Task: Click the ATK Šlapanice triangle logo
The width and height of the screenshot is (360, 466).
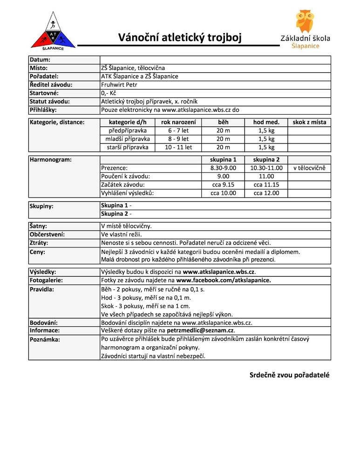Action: tap(53, 32)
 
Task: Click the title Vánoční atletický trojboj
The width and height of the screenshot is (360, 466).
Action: tap(179, 37)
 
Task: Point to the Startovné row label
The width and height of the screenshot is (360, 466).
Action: tap(44, 93)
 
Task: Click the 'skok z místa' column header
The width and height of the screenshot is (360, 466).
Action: tap(309, 122)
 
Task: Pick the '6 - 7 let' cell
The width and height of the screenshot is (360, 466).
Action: tap(178, 130)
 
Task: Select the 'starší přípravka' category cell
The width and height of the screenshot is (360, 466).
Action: tap(127, 147)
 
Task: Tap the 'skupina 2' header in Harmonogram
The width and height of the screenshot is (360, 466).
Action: tap(266, 160)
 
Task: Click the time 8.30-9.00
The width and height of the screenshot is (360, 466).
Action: tap(223, 168)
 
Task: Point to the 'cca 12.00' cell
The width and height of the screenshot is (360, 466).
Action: tap(266, 193)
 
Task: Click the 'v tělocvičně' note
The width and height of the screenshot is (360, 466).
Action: tap(309, 168)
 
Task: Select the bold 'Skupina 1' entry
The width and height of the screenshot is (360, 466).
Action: tap(114, 206)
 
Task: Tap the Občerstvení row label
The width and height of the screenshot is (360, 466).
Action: tap(47, 234)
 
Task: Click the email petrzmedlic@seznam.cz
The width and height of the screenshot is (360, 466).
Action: tap(200, 330)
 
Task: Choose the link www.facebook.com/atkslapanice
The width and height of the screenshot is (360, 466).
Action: tap(223, 281)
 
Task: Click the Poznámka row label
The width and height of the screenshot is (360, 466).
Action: tap(45, 339)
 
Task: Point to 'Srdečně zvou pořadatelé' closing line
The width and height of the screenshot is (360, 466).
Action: tap(289, 375)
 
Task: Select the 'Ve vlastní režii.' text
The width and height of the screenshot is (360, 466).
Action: tap(122, 234)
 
